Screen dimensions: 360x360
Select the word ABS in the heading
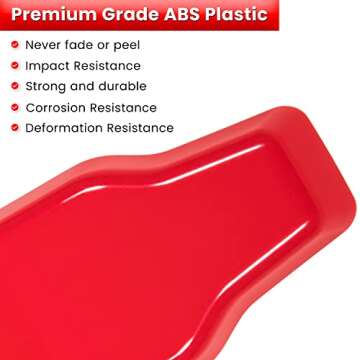[x=188, y=16]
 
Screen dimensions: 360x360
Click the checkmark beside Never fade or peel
[x=15, y=45]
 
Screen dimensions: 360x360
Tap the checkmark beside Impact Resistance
[x=15, y=66]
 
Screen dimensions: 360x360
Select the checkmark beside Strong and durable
[x=15, y=86]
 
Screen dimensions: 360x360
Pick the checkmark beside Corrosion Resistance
[x=15, y=107]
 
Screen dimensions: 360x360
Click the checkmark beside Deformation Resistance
[x=15, y=127]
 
